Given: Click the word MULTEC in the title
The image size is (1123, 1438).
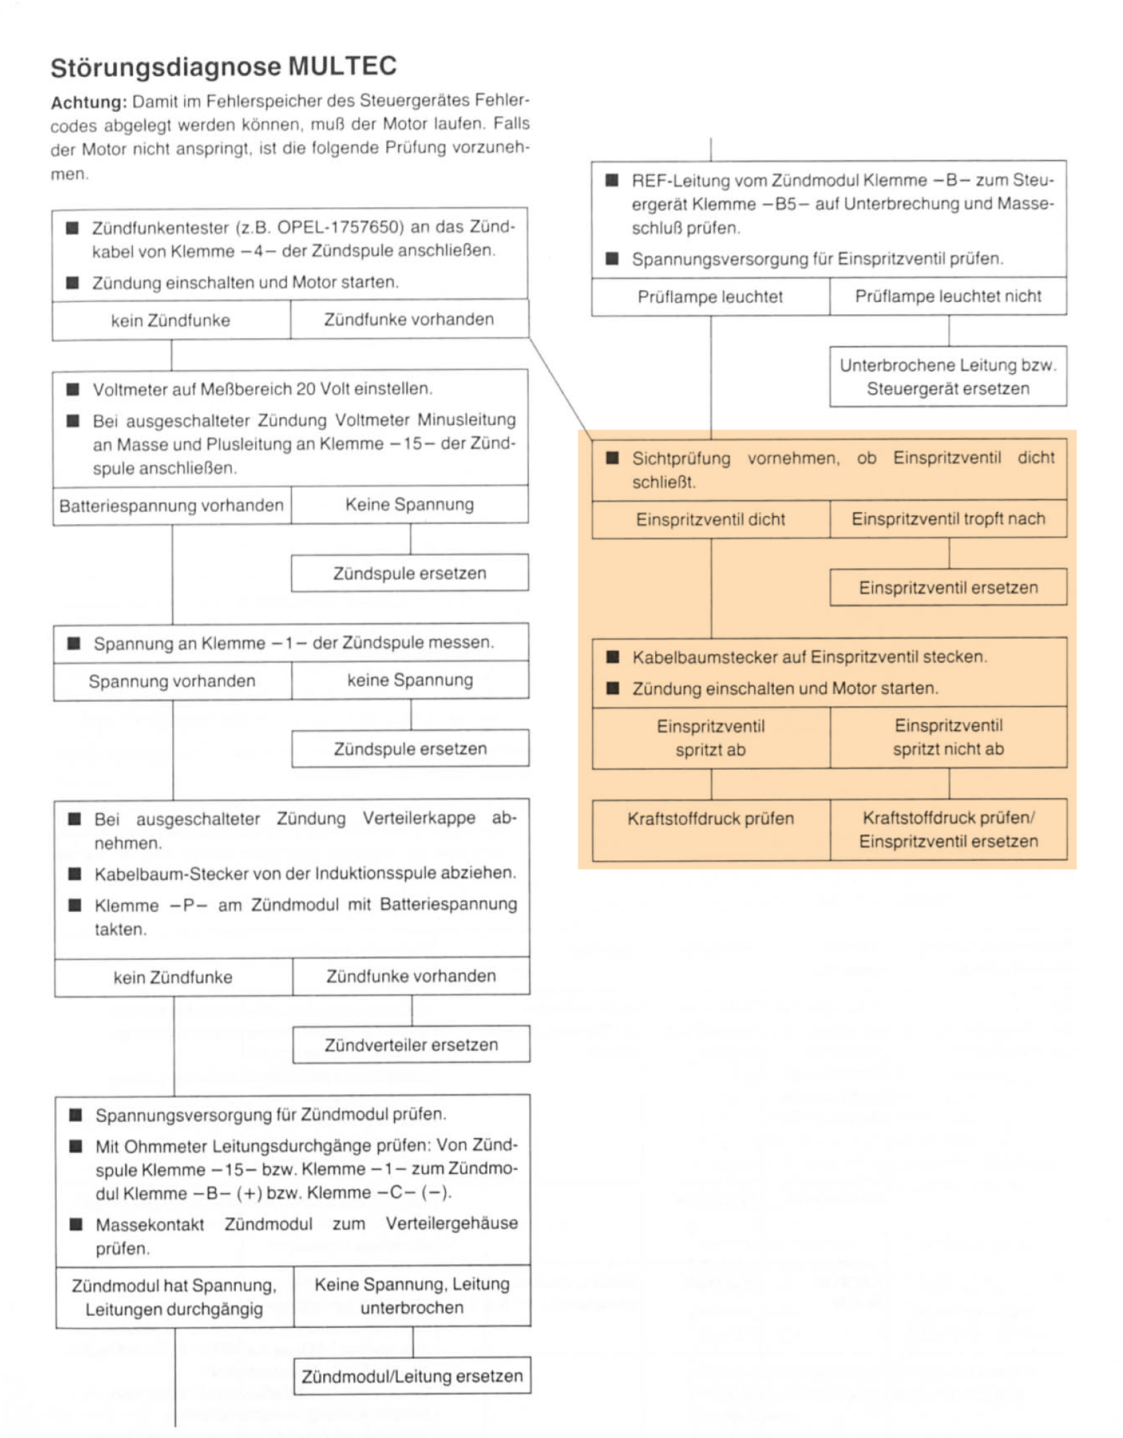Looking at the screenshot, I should pyautogui.click(x=342, y=67).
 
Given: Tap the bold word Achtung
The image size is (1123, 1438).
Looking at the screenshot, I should pyautogui.click(x=88, y=103).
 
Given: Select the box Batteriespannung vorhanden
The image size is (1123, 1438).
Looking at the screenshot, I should pyautogui.click(x=172, y=506).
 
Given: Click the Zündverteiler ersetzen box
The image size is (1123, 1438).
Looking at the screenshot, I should pyautogui.click(x=411, y=1045).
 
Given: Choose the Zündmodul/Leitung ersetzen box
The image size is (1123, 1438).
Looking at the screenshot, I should pyautogui.click(x=412, y=1376).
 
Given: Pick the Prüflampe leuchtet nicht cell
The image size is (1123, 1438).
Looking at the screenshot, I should pyautogui.click(x=948, y=296).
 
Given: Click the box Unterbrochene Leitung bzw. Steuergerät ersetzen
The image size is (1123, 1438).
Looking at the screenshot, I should pyautogui.click(x=948, y=377).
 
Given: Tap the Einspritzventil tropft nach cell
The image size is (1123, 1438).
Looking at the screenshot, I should pyautogui.click(x=948, y=519).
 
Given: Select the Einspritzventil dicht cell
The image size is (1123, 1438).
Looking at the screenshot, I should pyautogui.click(x=711, y=519).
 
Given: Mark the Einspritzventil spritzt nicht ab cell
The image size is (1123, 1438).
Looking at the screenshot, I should pyautogui.click(x=948, y=738).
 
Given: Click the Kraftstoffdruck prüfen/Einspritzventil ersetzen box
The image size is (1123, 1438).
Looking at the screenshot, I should pyautogui.click(x=948, y=829).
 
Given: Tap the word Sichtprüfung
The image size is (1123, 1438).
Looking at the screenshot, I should pyautogui.click(x=681, y=458).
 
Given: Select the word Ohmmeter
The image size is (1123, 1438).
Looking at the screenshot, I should pyautogui.click(x=165, y=1146).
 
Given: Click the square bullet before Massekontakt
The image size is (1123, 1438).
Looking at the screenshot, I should pyautogui.click(x=76, y=1224).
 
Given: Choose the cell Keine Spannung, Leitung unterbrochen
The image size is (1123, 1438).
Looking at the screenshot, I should pyautogui.click(x=412, y=1296).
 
